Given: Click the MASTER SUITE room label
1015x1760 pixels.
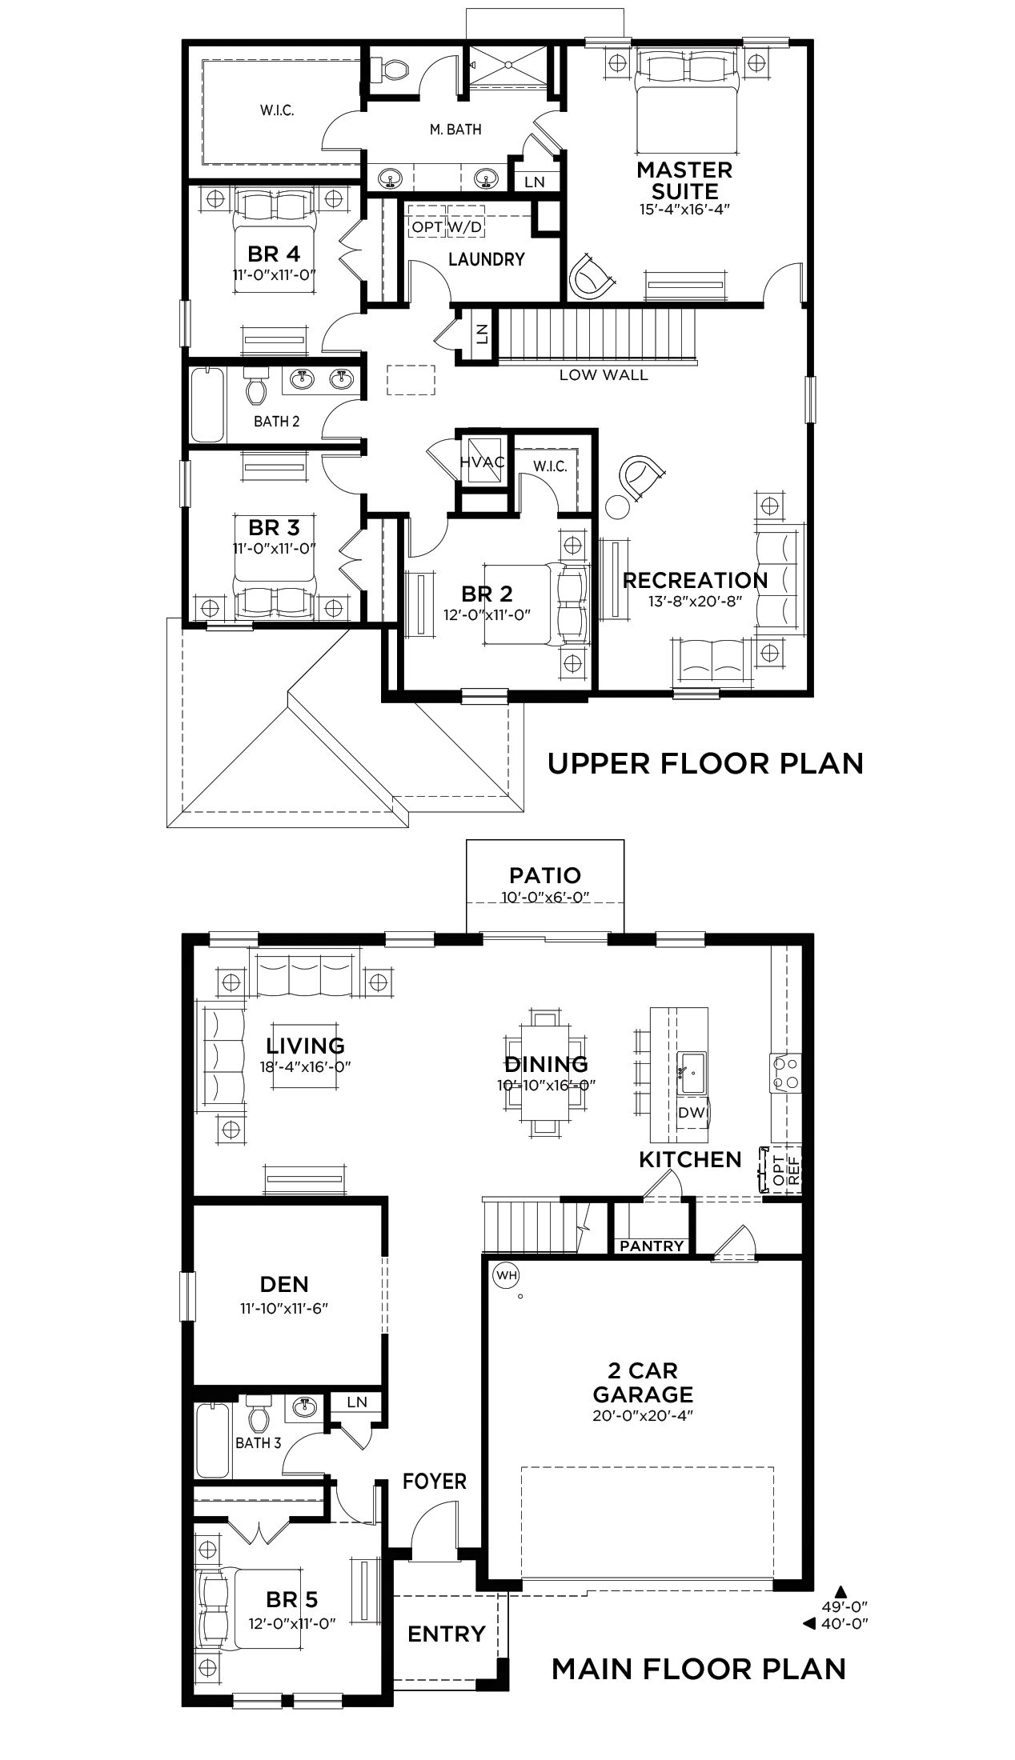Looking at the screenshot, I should pos(684,180).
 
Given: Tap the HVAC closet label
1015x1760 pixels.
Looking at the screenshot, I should pos(482,462).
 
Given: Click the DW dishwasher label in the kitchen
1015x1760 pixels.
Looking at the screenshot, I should pos(689,1112).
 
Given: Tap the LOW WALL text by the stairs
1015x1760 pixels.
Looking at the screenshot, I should pos(604,374).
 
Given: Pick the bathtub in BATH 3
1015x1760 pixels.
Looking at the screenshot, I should pos(213,1441).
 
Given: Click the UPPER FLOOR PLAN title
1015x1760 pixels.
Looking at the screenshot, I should pos(705,763).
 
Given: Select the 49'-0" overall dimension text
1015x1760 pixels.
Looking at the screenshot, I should pos(844,1606).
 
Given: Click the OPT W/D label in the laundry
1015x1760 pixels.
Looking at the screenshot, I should pos(447,227).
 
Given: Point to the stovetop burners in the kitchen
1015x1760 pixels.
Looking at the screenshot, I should pos(784,1072).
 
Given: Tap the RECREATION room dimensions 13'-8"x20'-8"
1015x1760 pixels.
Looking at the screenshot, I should pos(696,601).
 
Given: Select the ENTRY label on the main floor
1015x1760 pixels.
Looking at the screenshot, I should pos(446,1634).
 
